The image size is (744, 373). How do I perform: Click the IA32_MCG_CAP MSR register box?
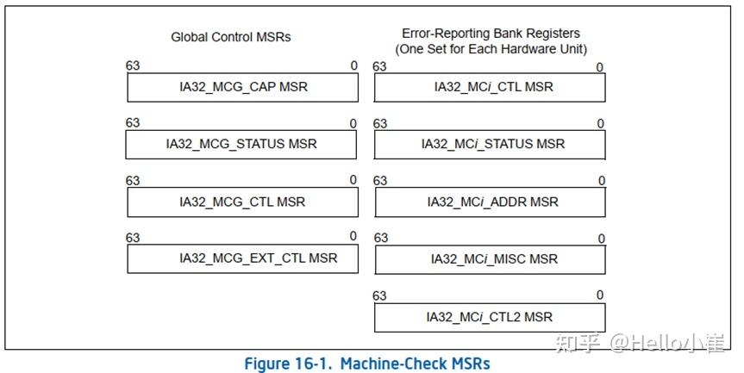(x=242, y=87)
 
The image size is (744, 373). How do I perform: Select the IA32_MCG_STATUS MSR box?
(x=241, y=144)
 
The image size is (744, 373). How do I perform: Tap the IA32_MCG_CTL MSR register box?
(x=242, y=202)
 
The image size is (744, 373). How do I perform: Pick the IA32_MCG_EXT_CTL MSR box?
(x=242, y=258)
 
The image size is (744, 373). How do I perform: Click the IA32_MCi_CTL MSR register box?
(x=490, y=87)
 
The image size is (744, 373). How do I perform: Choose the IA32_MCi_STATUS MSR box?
(x=490, y=144)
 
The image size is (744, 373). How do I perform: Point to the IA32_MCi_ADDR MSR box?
(x=490, y=202)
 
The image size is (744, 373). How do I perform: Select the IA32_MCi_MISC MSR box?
(x=490, y=258)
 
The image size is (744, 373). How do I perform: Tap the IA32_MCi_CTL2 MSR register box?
(x=490, y=316)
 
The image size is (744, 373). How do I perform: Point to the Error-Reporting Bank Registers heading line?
(x=491, y=34)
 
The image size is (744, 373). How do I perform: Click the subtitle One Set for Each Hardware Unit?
(x=491, y=49)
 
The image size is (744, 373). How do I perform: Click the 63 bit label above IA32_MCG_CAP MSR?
(x=133, y=66)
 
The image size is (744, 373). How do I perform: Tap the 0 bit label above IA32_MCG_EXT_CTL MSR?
(x=353, y=236)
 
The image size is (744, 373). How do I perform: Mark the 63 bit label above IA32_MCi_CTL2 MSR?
(x=379, y=295)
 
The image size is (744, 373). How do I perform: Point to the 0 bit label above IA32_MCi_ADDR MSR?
(x=600, y=181)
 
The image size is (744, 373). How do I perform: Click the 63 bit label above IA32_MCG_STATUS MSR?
(x=133, y=123)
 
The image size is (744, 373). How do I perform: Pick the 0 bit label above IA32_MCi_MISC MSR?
(x=600, y=239)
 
